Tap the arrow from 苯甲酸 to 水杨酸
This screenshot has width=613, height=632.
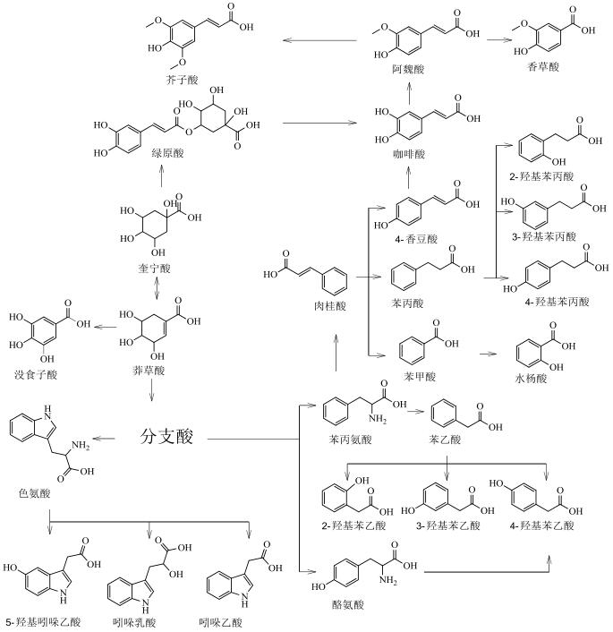click(487, 354)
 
